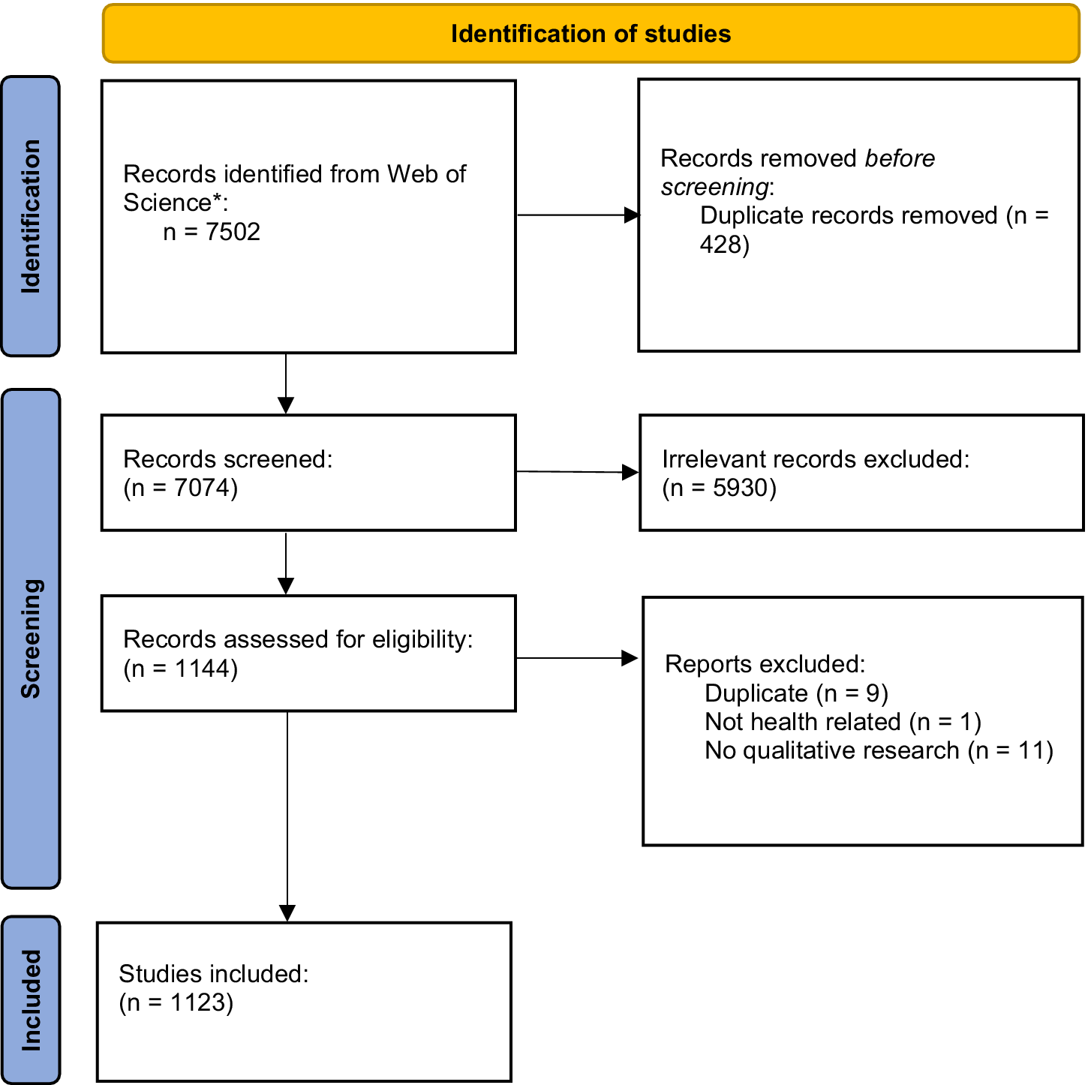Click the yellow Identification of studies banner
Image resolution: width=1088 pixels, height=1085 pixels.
pos(591,34)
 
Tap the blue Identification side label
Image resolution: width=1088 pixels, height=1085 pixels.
pos(31,216)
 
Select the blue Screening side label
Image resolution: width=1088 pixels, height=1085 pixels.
pos(31,639)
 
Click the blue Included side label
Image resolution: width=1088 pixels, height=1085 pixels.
pos(31,999)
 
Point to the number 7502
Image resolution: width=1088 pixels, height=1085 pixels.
pos(233,232)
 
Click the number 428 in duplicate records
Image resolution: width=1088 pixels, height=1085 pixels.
pos(720,245)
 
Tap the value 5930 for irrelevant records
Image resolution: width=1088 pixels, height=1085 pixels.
pos(741,488)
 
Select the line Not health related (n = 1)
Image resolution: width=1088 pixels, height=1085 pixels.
pos(843,722)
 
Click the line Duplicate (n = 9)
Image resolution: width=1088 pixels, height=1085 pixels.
pos(796,693)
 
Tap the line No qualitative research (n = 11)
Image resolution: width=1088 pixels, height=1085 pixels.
pos(879,750)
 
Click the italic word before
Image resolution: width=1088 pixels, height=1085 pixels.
pos(899,158)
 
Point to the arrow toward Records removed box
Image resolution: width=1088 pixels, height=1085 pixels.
pos(577,215)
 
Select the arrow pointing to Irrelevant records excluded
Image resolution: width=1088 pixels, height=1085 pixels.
pos(577,472)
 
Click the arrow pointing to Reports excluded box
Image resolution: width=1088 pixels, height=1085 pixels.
pos(577,658)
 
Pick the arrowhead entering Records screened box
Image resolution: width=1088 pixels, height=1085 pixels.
pos(286,405)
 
